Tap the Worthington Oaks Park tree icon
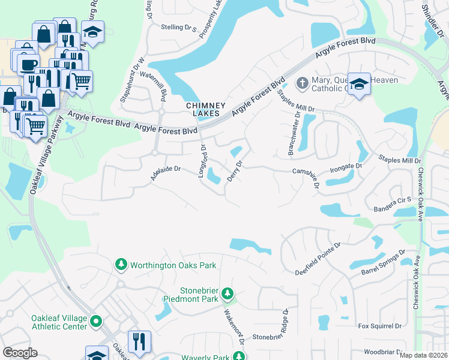[x=121, y=265]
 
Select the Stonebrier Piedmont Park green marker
[x=227, y=293]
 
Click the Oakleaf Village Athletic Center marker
[x=97, y=323]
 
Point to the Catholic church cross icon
[x=303, y=82]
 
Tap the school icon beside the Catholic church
[x=359, y=85]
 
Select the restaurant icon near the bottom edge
[x=139, y=342]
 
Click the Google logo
[x=20, y=353]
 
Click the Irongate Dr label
[x=346, y=166]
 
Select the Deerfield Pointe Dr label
[x=318, y=259]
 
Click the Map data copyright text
[x=423, y=355]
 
